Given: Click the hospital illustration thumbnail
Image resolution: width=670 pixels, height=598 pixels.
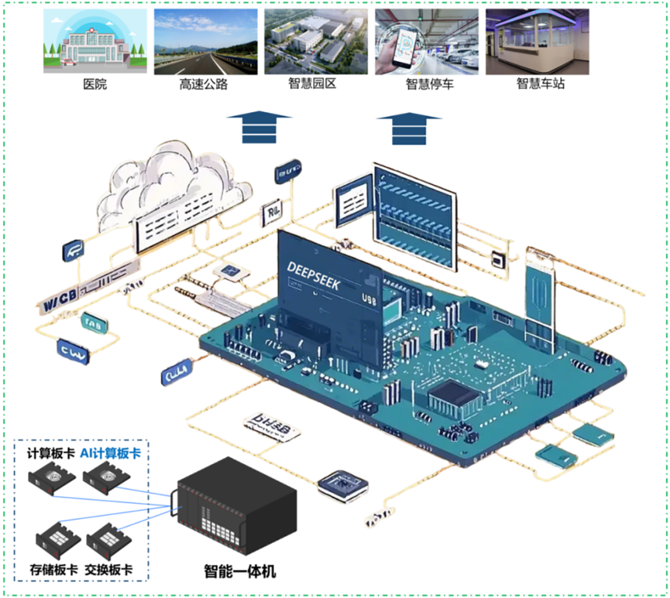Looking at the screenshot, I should point(95,42).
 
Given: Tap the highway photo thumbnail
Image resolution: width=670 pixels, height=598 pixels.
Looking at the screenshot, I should point(205,42).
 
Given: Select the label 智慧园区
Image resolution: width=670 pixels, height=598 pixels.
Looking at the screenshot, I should point(312,84).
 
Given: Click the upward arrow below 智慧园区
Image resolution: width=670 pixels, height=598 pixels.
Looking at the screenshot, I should point(259,127).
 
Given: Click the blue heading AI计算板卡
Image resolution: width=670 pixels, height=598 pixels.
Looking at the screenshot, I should point(110,453).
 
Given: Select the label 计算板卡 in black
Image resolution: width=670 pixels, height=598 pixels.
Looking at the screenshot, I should point(50,453).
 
